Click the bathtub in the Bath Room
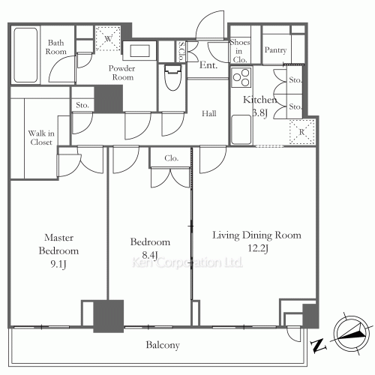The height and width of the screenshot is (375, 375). (25, 55)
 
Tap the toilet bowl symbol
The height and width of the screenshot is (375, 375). (172, 77)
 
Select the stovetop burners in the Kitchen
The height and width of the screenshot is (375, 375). (241, 77)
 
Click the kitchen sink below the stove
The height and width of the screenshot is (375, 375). (241, 130)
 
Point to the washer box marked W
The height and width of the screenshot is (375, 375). (108, 38)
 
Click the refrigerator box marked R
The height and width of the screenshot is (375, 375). (302, 132)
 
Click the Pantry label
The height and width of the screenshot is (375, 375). (275, 50)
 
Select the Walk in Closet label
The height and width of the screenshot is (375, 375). (41, 137)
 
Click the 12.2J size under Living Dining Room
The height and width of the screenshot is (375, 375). (258, 248)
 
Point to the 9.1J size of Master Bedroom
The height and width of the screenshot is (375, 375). (58, 264)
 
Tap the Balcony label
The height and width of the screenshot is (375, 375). (163, 345)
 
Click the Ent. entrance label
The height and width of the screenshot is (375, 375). (208, 65)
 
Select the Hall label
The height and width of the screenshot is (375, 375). (209, 113)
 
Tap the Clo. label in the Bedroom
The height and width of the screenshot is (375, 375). (172, 158)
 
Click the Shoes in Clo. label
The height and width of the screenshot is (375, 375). (239, 51)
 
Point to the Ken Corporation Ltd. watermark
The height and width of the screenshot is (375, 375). (187, 262)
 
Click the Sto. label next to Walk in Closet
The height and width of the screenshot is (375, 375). (82, 105)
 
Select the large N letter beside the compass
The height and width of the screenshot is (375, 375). (318, 346)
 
